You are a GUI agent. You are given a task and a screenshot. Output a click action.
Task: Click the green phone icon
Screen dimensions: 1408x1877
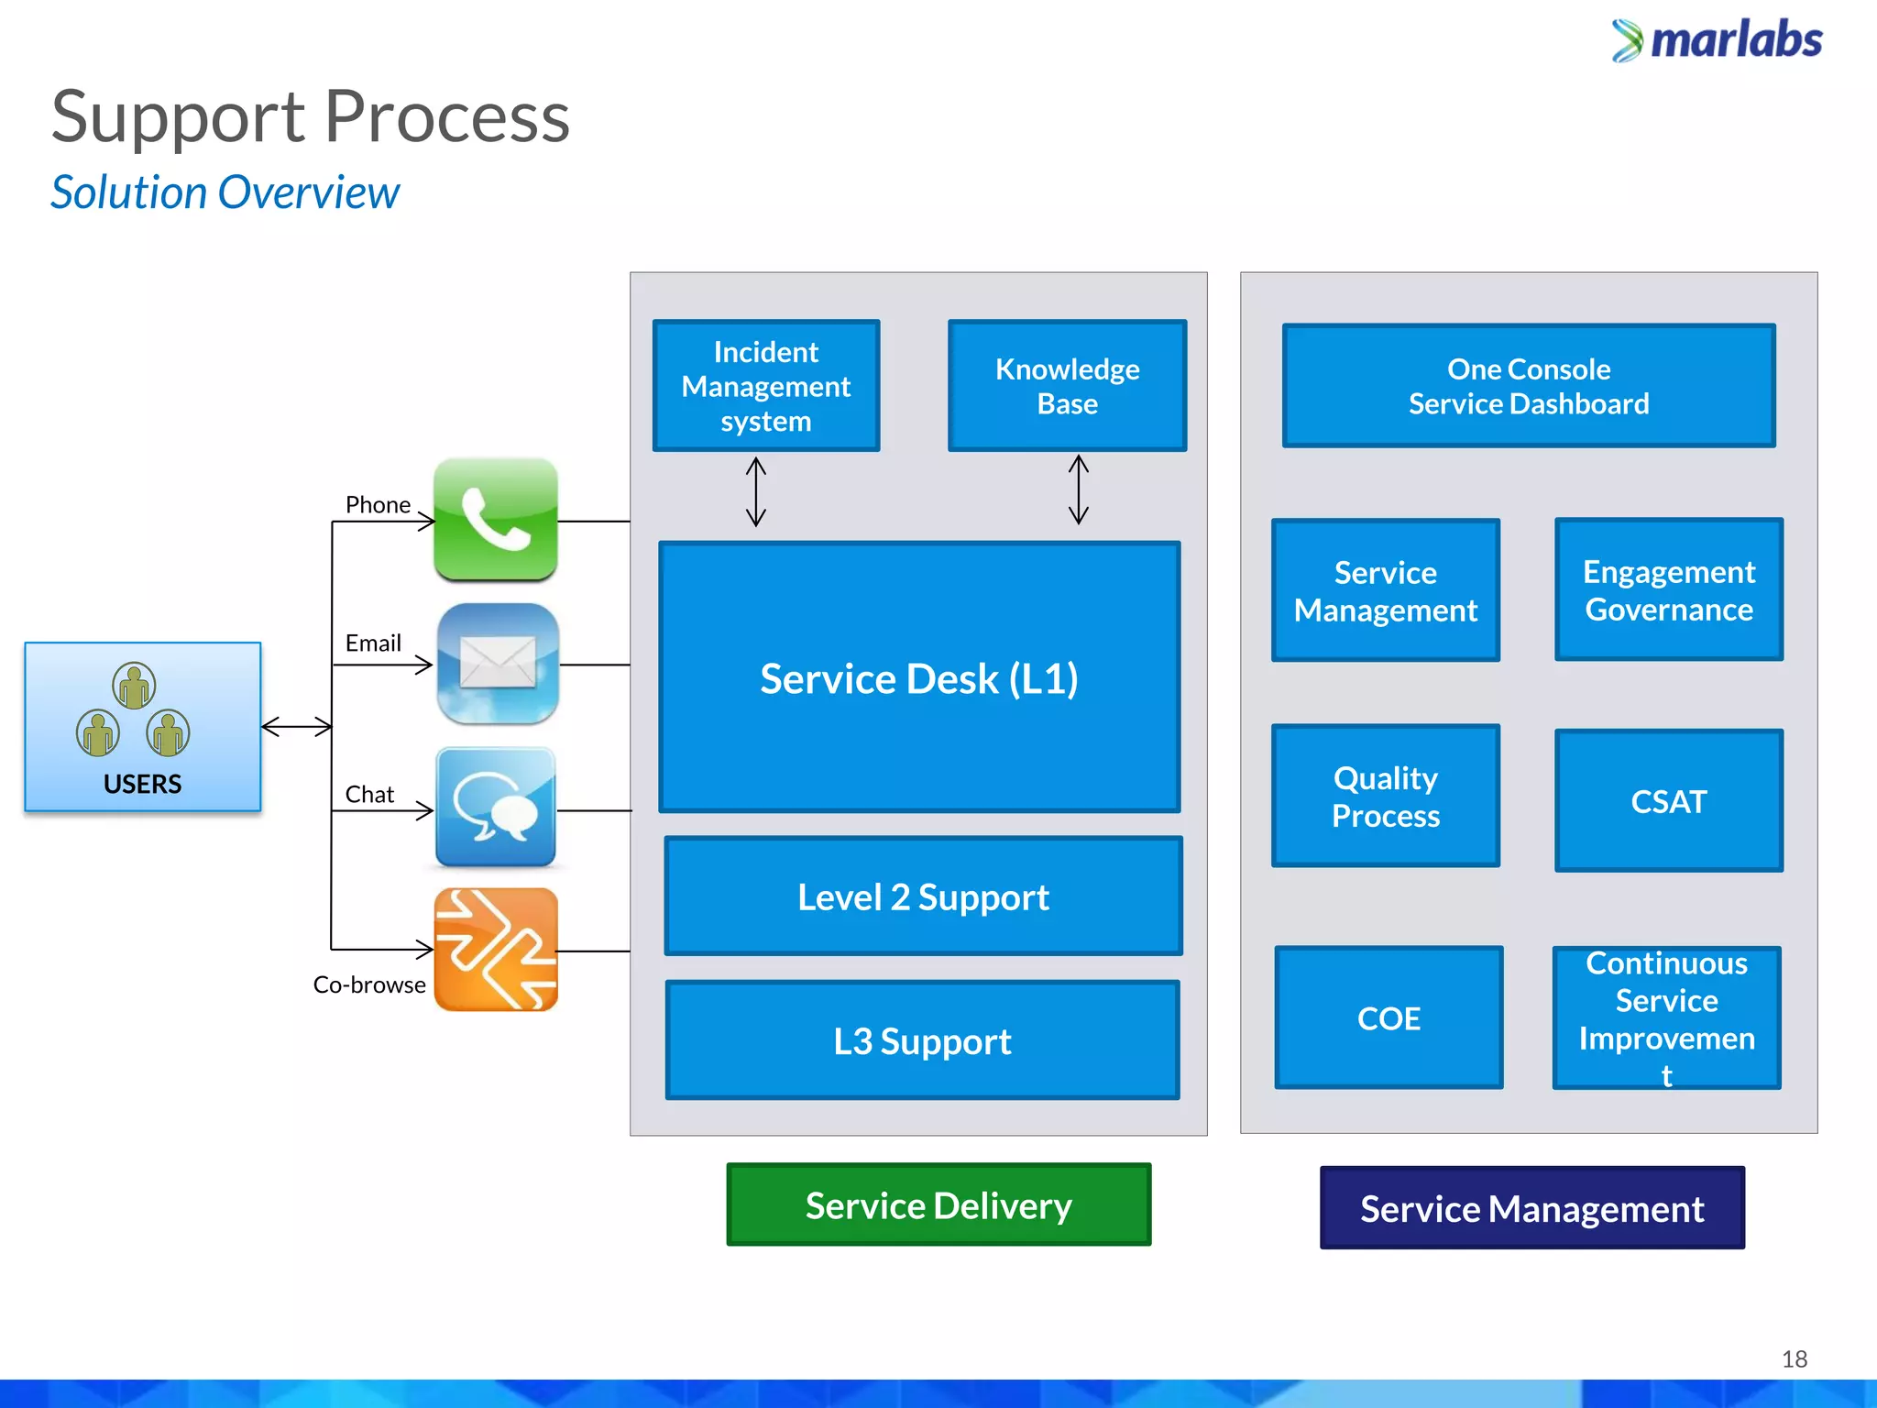(x=496, y=520)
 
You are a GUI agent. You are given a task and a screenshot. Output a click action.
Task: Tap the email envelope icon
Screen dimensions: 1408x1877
(x=498, y=664)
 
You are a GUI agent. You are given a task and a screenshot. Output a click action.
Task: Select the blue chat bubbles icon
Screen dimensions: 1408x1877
(x=496, y=808)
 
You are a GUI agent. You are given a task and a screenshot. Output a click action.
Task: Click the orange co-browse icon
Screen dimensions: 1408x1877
(x=496, y=950)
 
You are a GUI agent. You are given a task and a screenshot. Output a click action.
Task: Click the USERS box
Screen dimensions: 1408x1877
(x=143, y=727)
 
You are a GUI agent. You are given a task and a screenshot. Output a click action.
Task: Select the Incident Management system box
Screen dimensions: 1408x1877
(x=766, y=386)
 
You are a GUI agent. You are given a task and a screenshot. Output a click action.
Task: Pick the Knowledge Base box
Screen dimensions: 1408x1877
(x=1067, y=386)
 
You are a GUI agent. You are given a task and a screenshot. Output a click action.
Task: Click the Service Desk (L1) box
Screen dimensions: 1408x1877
(x=919, y=677)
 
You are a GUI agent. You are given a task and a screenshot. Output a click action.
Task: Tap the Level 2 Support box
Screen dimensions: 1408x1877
(x=923, y=896)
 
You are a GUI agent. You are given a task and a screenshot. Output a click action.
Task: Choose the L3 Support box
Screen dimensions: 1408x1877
(x=922, y=1040)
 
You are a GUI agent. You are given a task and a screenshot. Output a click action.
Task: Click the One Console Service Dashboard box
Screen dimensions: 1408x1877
(x=1529, y=386)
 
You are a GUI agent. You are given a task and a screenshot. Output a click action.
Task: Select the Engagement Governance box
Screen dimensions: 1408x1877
(x=1668, y=589)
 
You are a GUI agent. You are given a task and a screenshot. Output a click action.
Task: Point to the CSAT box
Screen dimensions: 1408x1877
(x=1668, y=801)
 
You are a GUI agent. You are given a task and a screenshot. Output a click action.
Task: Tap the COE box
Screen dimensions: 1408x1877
(x=1389, y=1017)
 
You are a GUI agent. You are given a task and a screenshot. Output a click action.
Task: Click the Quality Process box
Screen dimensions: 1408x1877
(x=1386, y=796)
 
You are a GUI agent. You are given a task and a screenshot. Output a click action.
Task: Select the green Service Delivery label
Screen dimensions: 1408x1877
(x=938, y=1204)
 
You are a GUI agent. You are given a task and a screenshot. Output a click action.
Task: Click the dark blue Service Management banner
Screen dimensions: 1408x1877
(x=1531, y=1208)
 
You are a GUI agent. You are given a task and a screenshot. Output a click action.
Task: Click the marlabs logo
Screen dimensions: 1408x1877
(x=1717, y=40)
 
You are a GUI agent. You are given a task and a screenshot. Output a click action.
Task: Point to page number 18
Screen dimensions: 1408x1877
(x=1794, y=1358)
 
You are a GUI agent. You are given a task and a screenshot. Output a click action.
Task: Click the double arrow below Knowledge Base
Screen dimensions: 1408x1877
(x=1079, y=490)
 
